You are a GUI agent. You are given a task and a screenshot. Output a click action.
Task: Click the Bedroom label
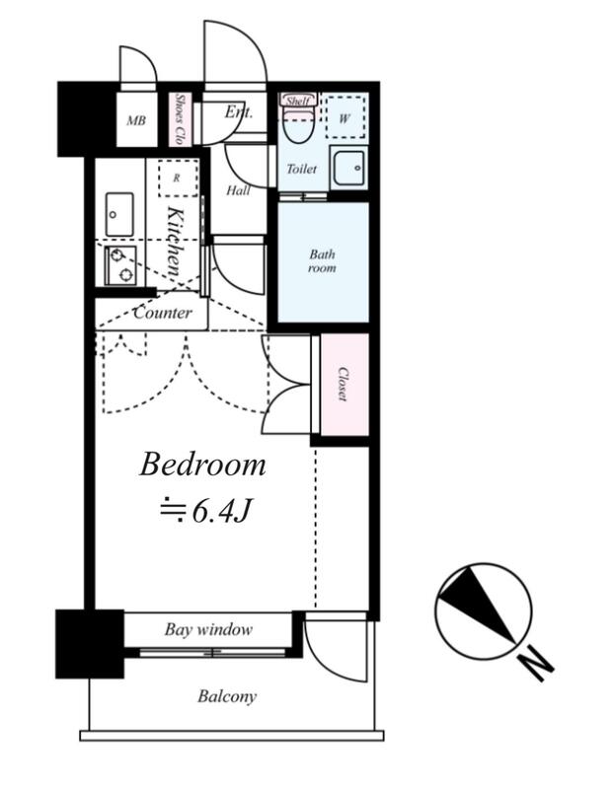202,465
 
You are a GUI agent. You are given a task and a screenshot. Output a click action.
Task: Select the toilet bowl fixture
298,126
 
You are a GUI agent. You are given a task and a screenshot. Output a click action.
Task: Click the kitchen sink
119,214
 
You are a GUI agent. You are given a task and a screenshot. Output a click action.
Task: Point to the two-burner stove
120,265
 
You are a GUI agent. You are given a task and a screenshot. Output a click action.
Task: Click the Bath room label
322,260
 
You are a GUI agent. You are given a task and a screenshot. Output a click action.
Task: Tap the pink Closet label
344,384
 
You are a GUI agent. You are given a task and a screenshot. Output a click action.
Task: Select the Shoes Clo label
179,118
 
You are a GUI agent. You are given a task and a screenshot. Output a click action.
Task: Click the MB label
136,120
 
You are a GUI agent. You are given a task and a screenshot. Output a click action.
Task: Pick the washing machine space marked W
345,117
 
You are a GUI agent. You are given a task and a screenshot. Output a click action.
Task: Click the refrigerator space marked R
178,179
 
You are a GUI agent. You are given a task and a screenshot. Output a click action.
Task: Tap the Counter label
163,313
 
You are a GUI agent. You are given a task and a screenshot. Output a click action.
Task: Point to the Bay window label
208,629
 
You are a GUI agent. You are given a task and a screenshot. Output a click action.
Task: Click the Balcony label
227,696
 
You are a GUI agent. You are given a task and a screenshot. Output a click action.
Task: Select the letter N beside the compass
537,665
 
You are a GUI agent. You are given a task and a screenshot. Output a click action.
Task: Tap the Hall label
238,190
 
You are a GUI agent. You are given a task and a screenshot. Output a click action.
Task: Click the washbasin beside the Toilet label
348,168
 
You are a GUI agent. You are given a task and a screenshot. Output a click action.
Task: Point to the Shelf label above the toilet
297,101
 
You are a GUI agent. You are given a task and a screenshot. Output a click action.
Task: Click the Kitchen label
174,243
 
